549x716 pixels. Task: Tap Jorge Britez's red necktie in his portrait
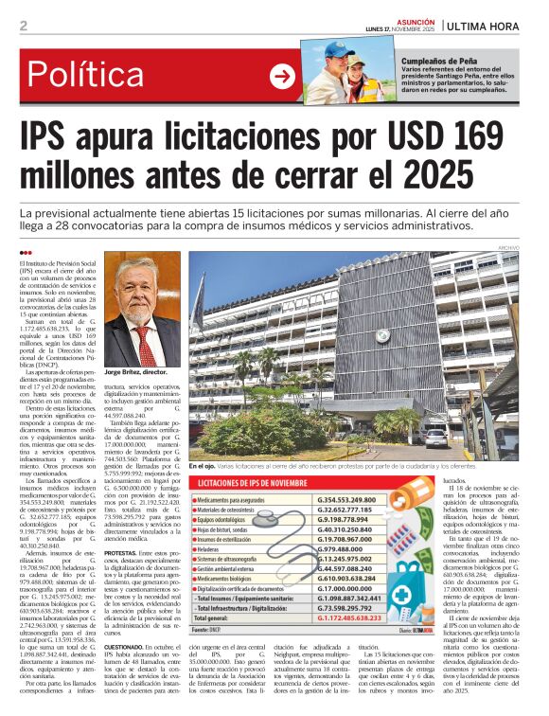pyautogui.click(x=147, y=347)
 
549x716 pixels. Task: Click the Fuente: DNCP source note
pyautogui.click(x=210, y=629)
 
